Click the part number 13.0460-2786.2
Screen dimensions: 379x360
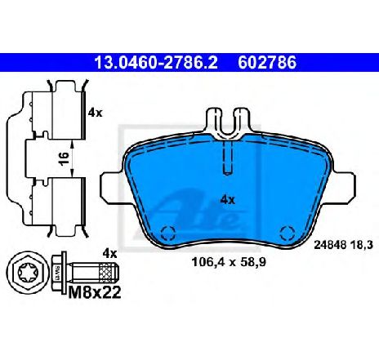(x=156, y=63)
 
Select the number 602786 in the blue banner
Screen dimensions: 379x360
(x=267, y=63)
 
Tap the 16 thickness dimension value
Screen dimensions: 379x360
(x=64, y=158)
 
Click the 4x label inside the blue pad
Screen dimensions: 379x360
(x=227, y=201)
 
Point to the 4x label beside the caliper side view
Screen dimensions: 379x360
(x=95, y=113)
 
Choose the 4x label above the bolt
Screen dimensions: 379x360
(x=109, y=254)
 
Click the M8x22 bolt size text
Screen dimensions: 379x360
(x=95, y=293)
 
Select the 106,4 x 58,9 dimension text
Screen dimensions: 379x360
(x=229, y=262)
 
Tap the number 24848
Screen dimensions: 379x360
(x=330, y=245)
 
